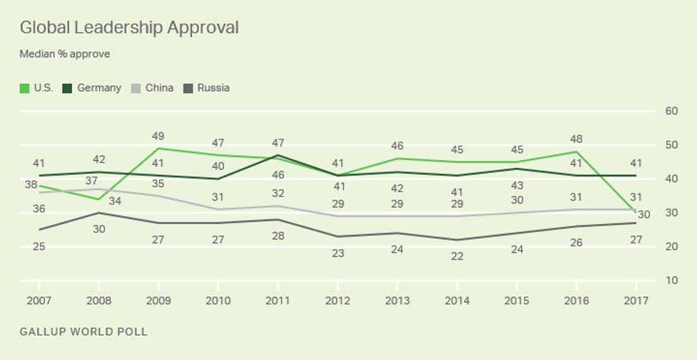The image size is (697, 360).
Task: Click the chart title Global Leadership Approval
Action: click(129, 28)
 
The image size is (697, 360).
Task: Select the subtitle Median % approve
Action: click(65, 54)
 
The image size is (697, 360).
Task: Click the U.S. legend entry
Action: click(36, 88)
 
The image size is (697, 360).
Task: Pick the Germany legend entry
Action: click(92, 88)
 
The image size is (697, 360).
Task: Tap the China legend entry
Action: click(152, 88)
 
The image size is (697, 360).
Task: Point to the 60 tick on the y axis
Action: click(671, 111)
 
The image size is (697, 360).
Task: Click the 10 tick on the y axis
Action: click(671, 280)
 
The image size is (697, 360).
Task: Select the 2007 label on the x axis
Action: click(39, 301)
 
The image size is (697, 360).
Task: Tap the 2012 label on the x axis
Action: click(338, 301)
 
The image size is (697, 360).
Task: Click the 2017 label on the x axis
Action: click(636, 301)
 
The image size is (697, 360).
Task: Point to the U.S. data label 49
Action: click(159, 136)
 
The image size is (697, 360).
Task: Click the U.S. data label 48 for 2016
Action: click(576, 139)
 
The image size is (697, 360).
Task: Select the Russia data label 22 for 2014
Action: click(457, 256)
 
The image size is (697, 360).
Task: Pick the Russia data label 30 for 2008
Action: click(99, 229)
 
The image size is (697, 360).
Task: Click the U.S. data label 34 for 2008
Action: click(115, 201)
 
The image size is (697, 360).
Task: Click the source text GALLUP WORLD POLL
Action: click(84, 332)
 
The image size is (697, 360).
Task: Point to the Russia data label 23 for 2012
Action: click(338, 253)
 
